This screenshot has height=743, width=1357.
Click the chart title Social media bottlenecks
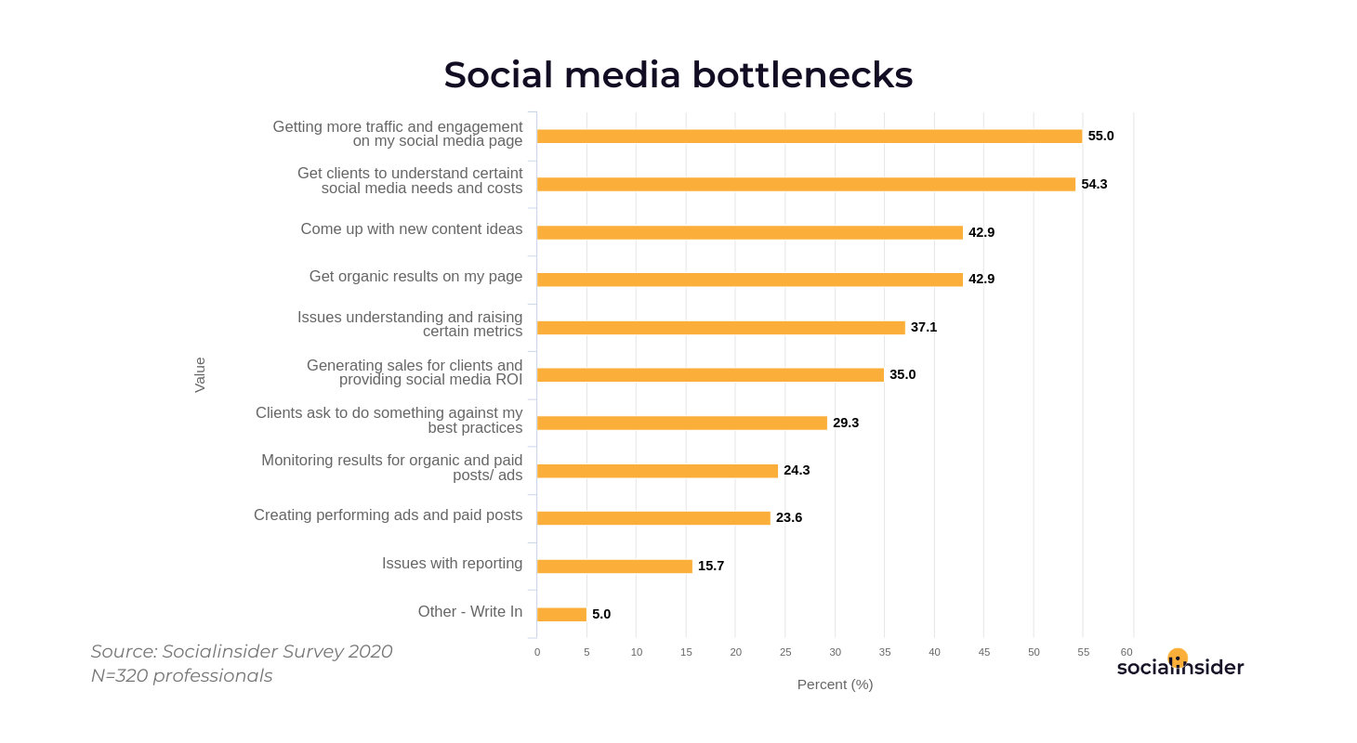coord(678,75)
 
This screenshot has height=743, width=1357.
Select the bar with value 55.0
coord(809,137)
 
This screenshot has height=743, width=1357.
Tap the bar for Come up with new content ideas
coord(749,232)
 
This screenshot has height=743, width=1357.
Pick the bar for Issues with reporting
coord(614,567)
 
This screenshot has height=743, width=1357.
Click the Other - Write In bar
coord(561,615)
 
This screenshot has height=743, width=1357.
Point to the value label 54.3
coord(1094,184)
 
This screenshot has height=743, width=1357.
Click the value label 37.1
coord(923,327)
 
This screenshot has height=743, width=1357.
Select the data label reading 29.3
coord(845,423)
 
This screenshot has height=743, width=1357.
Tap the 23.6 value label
coord(788,517)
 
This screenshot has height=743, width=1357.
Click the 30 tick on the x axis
coord(835,652)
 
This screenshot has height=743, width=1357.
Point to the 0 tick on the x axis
coord(537,652)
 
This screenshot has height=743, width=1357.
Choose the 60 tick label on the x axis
coord(1126,652)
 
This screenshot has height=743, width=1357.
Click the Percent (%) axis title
coord(835,684)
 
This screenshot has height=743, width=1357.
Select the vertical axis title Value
coord(200,375)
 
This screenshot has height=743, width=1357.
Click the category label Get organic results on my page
coord(415,276)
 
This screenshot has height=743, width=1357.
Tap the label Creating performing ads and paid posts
coord(388,515)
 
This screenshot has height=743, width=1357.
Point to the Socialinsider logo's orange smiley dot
coord(1178,658)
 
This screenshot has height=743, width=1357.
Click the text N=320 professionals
coord(182,676)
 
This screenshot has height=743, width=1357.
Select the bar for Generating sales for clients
coord(710,375)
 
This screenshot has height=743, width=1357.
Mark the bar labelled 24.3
coord(657,471)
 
